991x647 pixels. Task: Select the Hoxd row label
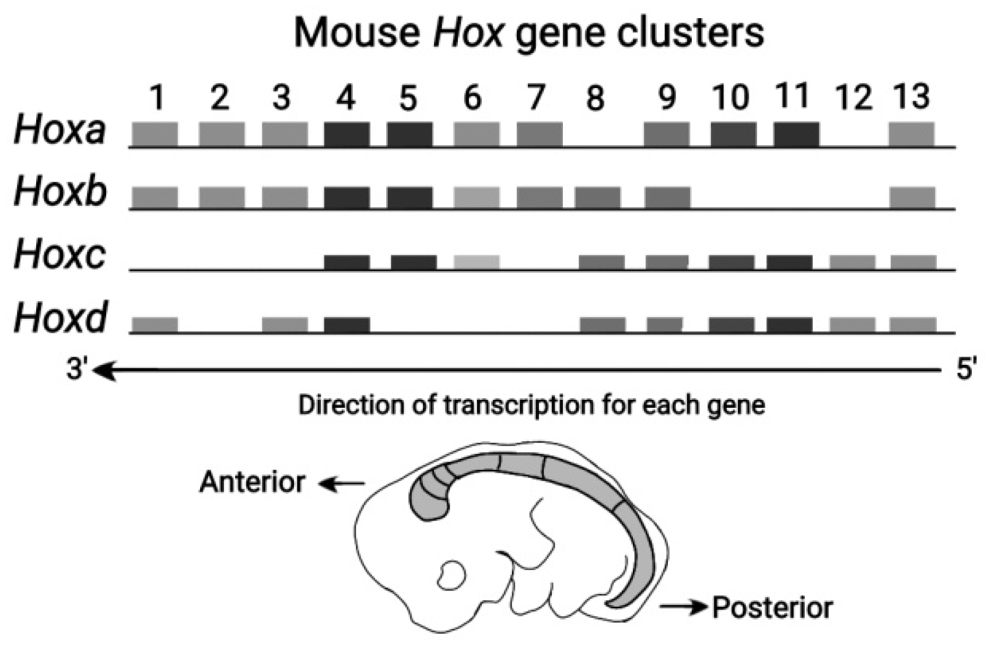coord(61,318)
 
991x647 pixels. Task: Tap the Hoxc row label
coord(59,255)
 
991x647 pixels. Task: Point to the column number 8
coord(594,98)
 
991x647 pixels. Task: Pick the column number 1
coord(156,98)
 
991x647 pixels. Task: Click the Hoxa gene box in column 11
coord(796,134)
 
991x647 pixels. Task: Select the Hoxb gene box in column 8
coord(597,198)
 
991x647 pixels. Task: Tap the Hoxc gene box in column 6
coord(477,262)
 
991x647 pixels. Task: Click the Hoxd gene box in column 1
coord(155,325)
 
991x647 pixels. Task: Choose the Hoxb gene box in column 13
coord(912,198)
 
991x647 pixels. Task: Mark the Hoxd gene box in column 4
coord(346,325)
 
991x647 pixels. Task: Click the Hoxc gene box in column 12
coord(852,262)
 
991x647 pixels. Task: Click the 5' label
coord(965,368)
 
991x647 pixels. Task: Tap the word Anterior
coord(252,482)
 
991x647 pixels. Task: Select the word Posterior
coord(772,607)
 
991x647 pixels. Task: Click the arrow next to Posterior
coord(683,607)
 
